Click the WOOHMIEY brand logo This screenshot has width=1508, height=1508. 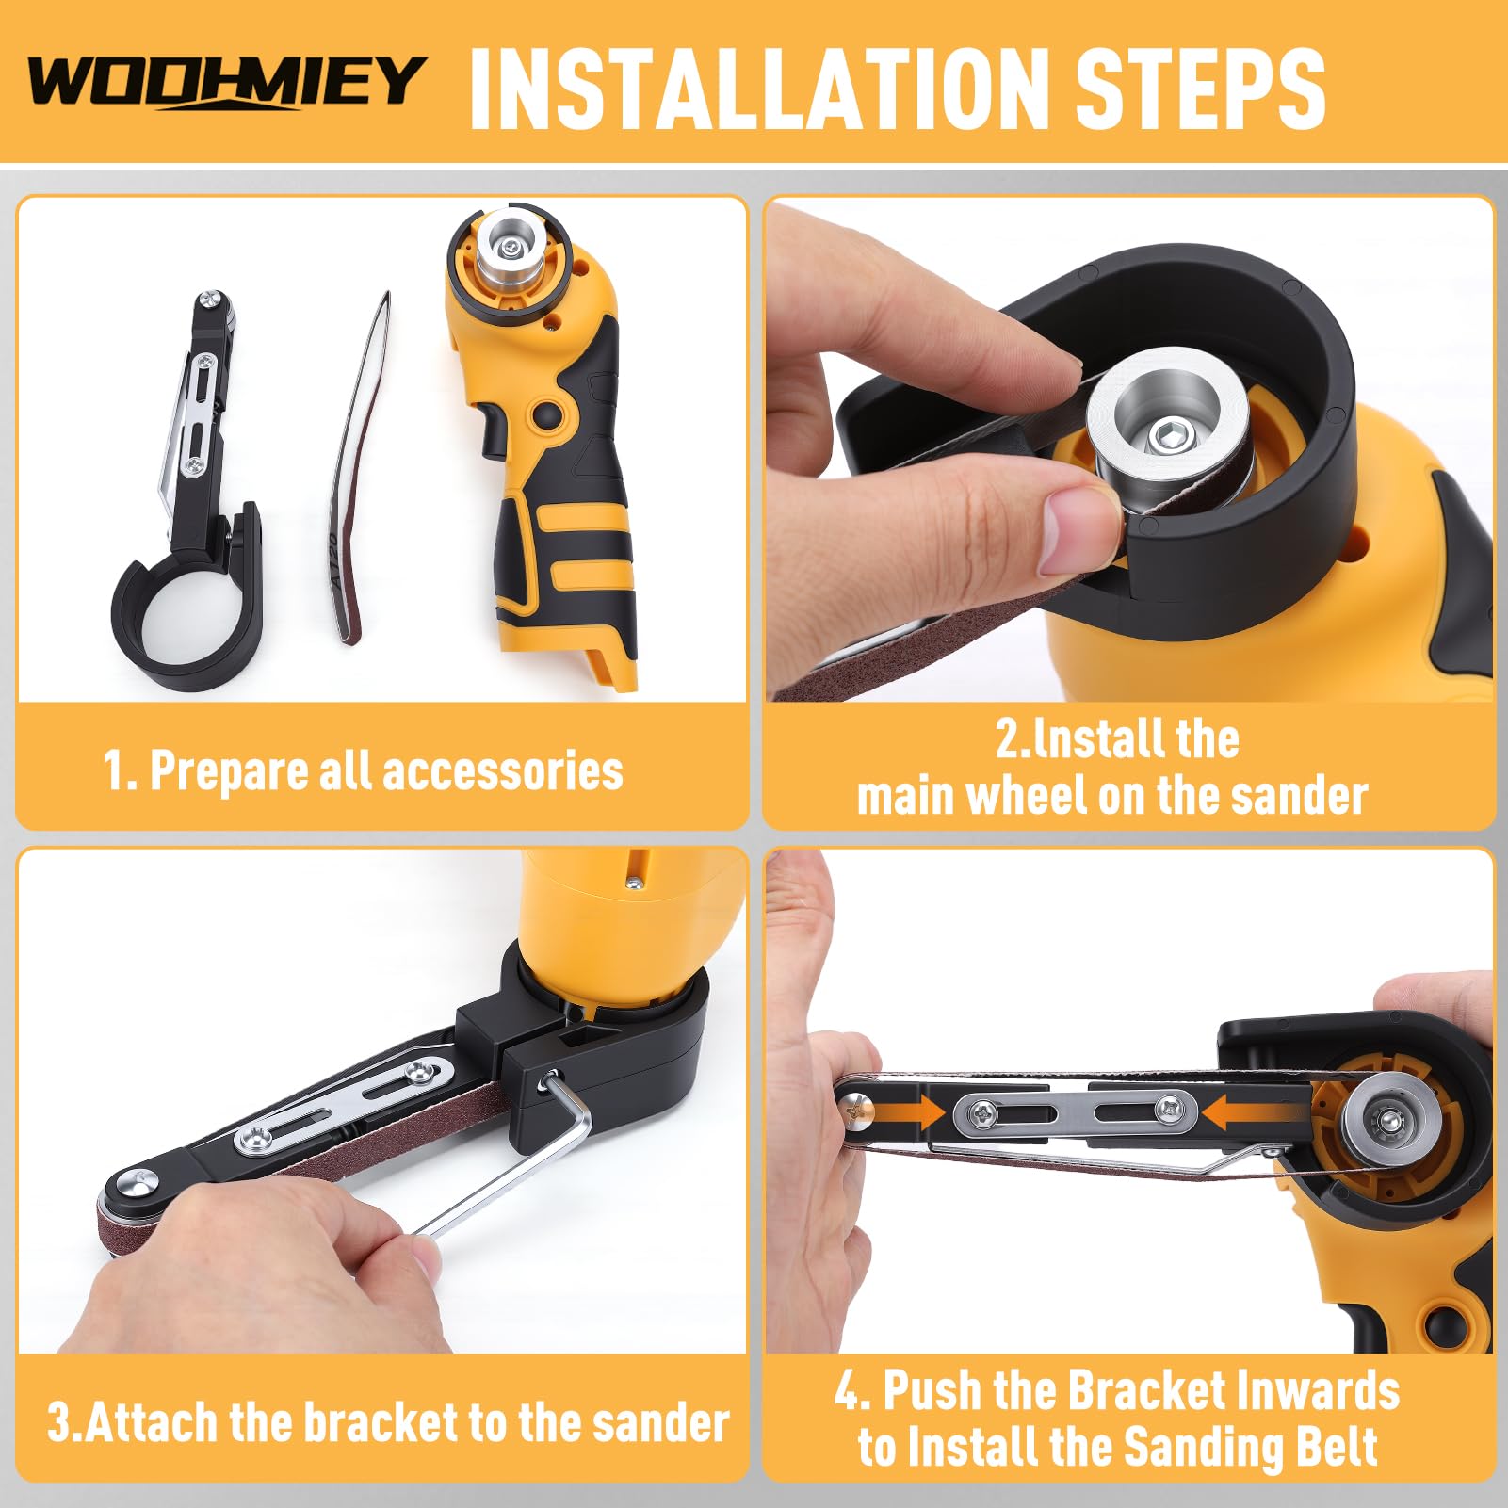(x=226, y=82)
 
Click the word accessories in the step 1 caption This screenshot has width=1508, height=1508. (x=503, y=771)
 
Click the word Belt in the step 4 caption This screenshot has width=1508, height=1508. (x=1334, y=1447)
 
